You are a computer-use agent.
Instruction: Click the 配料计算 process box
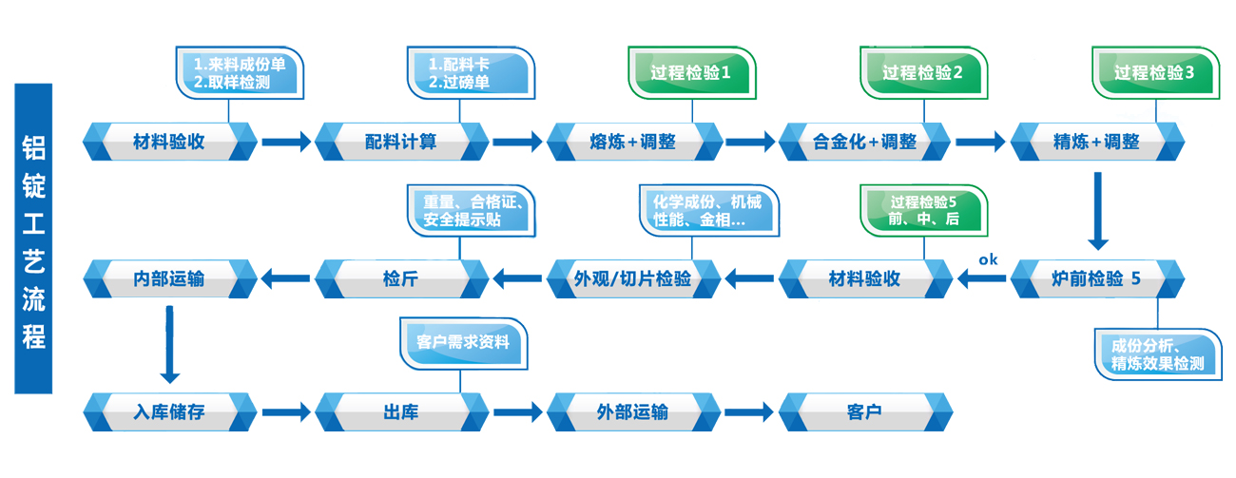pyautogui.click(x=401, y=143)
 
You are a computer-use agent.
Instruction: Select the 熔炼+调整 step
pyautogui.click(x=633, y=143)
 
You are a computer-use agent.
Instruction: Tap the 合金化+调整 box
pyautogui.click(x=864, y=143)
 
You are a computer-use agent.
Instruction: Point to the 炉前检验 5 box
pyautogui.click(x=1097, y=279)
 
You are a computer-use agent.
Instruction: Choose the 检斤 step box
pyautogui.click(x=401, y=279)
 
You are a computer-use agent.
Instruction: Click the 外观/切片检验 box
pyautogui.click(x=633, y=279)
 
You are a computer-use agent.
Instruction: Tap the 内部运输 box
pyautogui.click(x=169, y=279)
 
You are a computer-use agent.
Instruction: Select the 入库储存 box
pyautogui.click(x=169, y=413)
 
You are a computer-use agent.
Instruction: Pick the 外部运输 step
pyautogui.click(x=633, y=413)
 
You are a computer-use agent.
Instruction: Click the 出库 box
pyautogui.click(x=401, y=413)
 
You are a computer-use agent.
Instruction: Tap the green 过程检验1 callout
pyautogui.click(x=691, y=72)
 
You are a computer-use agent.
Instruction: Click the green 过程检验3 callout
pyautogui.click(x=1155, y=72)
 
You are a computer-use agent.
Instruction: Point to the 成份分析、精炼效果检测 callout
pyautogui.click(x=1157, y=354)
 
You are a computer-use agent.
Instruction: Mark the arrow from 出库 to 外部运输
pyautogui.click(x=517, y=413)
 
